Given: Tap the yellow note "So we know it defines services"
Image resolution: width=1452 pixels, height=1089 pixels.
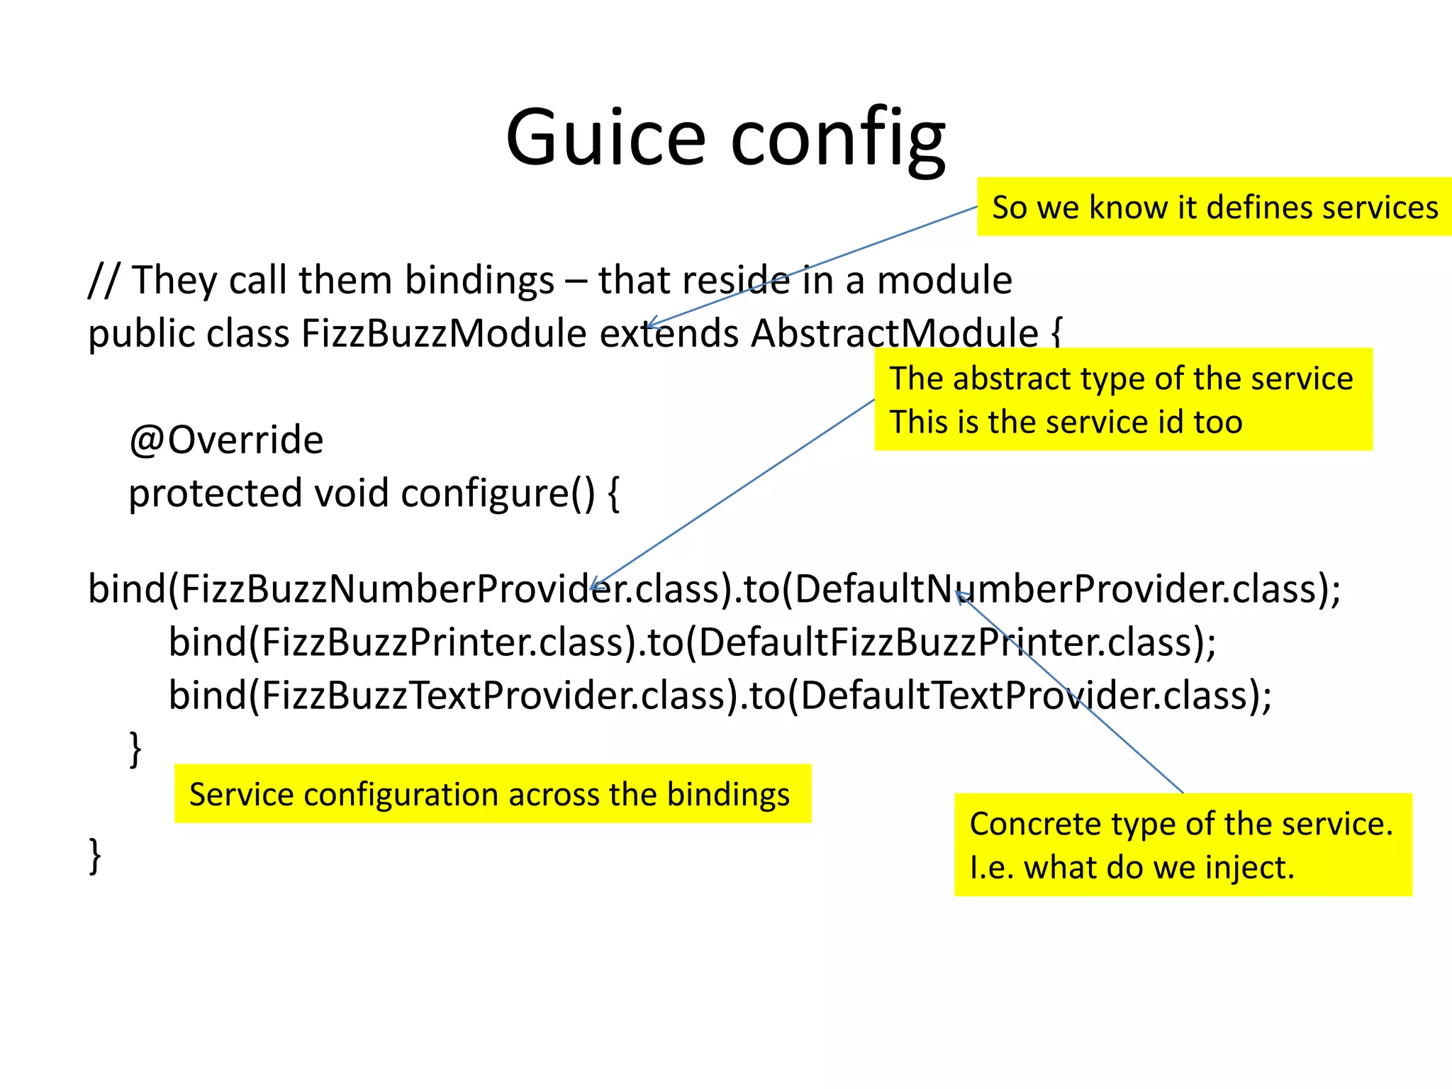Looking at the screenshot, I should pyautogui.click(x=1214, y=207).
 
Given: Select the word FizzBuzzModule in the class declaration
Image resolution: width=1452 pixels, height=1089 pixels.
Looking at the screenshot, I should pyautogui.click(x=444, y=333).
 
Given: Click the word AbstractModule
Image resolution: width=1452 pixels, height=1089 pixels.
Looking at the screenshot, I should pyautogui.click(x=895, y=333).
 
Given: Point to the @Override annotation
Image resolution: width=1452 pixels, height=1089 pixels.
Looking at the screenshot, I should pyautogui.click(x=226, y=440).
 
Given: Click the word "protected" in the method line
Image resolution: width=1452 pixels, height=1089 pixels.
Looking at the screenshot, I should pyautogui.click(x=215, y=493).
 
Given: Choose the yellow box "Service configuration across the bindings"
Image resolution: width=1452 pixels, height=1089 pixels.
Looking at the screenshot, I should pyautogui.click(x=492, y=794).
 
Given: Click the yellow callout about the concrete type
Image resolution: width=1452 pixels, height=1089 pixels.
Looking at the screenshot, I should pyautogui.click(x=1183, y=845).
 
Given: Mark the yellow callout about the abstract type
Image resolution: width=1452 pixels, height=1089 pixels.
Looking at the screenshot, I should pyautogui.click(x=1123, y=400).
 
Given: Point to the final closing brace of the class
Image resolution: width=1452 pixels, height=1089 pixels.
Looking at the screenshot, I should pyautogui.click(x=95, y=856).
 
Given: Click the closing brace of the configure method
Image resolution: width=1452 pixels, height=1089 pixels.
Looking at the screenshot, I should pyautogui.click(x=135, y=749).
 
